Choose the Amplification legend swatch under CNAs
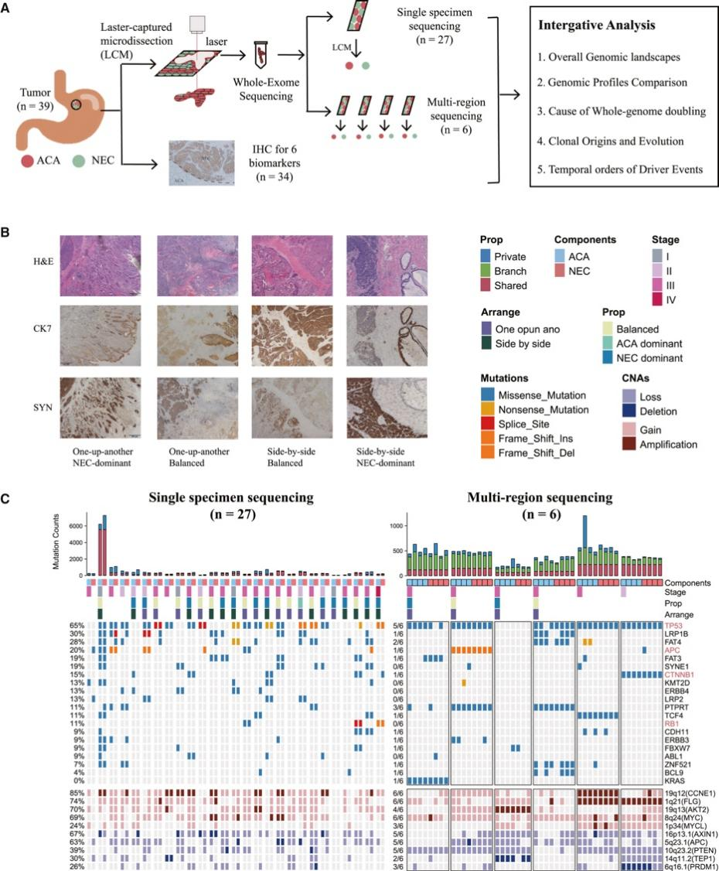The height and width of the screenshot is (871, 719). pos(629,444)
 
